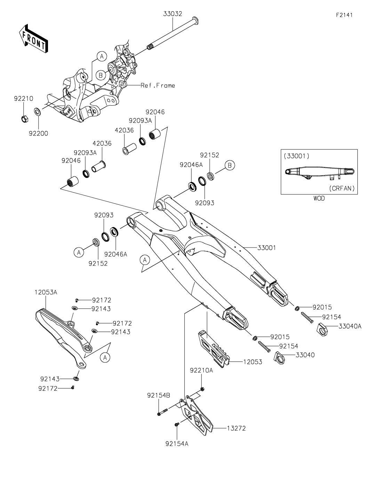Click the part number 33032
click(173, 14)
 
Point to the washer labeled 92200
click(37, 112)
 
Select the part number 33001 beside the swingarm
click(267, 248)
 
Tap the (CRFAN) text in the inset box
click(341, 188)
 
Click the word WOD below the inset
click(319, 198)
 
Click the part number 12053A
click(46, 292)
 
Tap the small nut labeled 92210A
click(203, 388)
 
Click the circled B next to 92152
click(229, 166)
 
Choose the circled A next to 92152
click(79, 253)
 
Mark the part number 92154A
click(177, 444)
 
